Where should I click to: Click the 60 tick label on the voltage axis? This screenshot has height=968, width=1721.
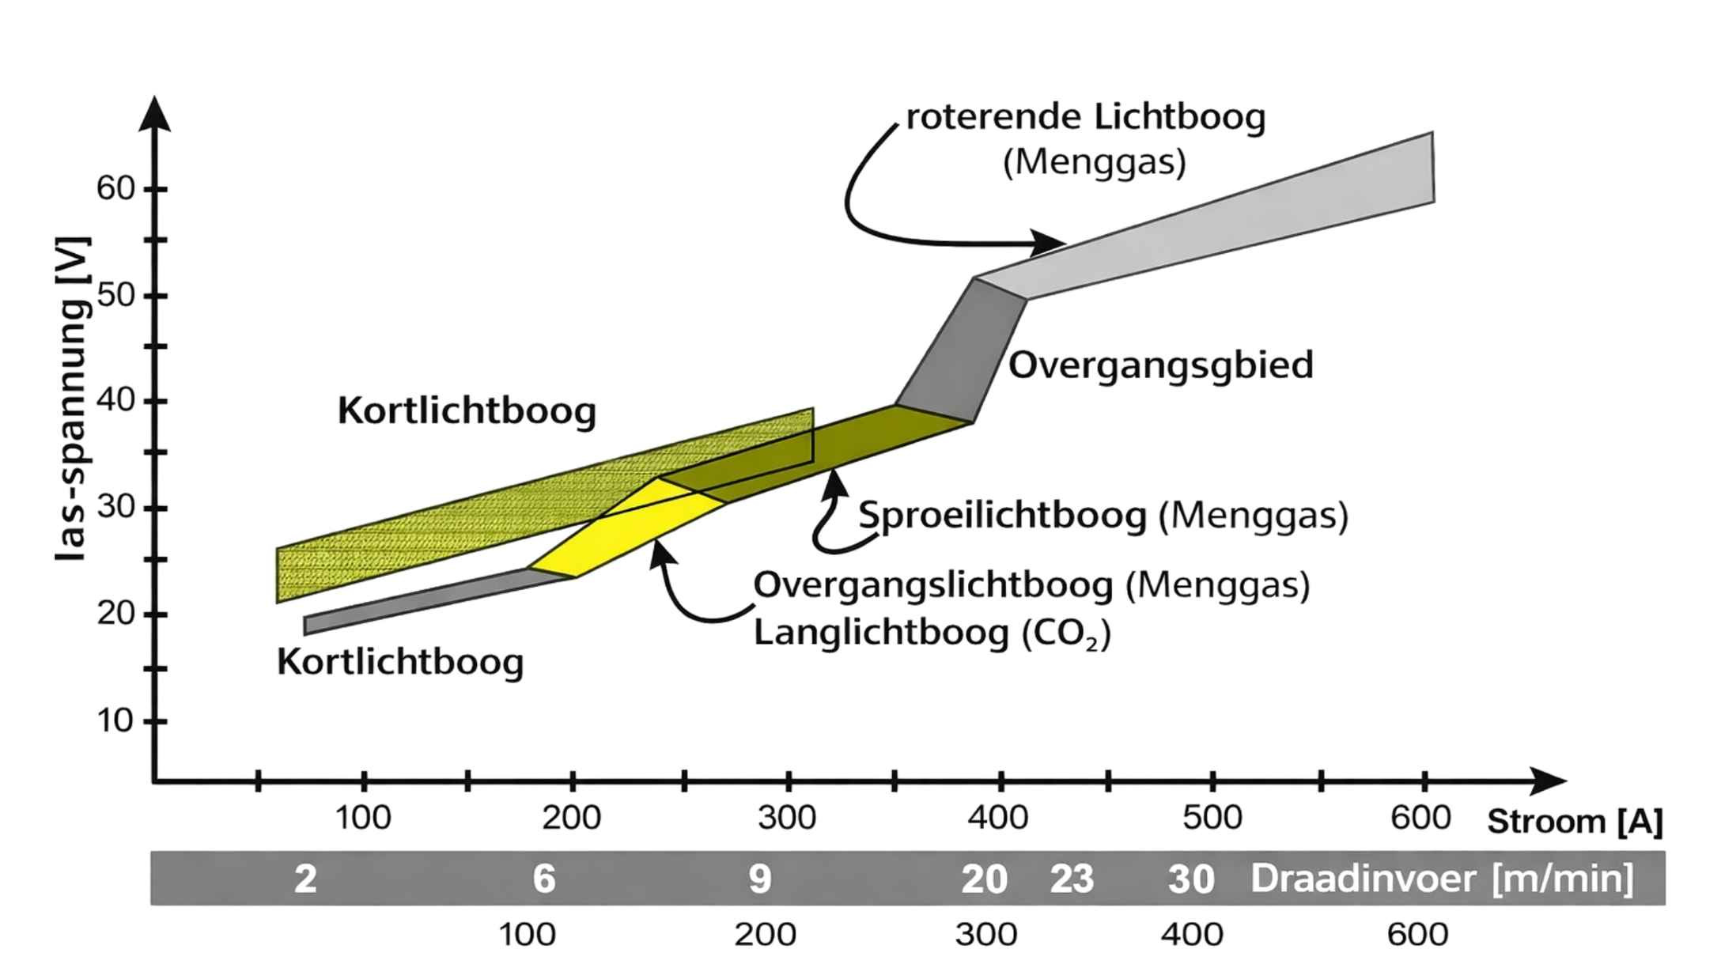[115, 189]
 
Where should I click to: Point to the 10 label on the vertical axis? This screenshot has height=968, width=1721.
[115, 720]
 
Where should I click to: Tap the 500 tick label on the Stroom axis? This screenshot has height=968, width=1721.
[1212, 818]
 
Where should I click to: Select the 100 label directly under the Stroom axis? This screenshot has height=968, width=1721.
[363, 818]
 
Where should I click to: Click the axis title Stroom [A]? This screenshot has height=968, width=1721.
[1575, 822]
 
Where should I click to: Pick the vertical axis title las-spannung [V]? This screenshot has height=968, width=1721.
[73, 399]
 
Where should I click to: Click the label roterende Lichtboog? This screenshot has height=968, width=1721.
[1085, 118]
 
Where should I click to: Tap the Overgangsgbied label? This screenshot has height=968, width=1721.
[1160, 365]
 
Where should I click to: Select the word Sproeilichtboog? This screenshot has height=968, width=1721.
[1003, 516]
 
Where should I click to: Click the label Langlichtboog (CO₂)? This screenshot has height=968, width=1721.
[932, 633]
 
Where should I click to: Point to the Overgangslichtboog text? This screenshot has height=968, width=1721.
[933, 586]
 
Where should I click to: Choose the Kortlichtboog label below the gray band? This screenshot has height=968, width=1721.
[400, 662]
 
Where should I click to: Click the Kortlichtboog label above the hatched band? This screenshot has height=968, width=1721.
[467, 411]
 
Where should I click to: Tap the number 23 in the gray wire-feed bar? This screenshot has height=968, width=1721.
[1072, 879]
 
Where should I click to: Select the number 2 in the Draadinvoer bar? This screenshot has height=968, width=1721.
[305, 879]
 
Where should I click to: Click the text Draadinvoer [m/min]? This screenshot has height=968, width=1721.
[1441, 879]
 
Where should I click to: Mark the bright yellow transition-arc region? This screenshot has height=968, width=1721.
[625, 530]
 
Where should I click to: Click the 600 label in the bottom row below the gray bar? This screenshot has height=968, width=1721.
[1417, 935]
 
